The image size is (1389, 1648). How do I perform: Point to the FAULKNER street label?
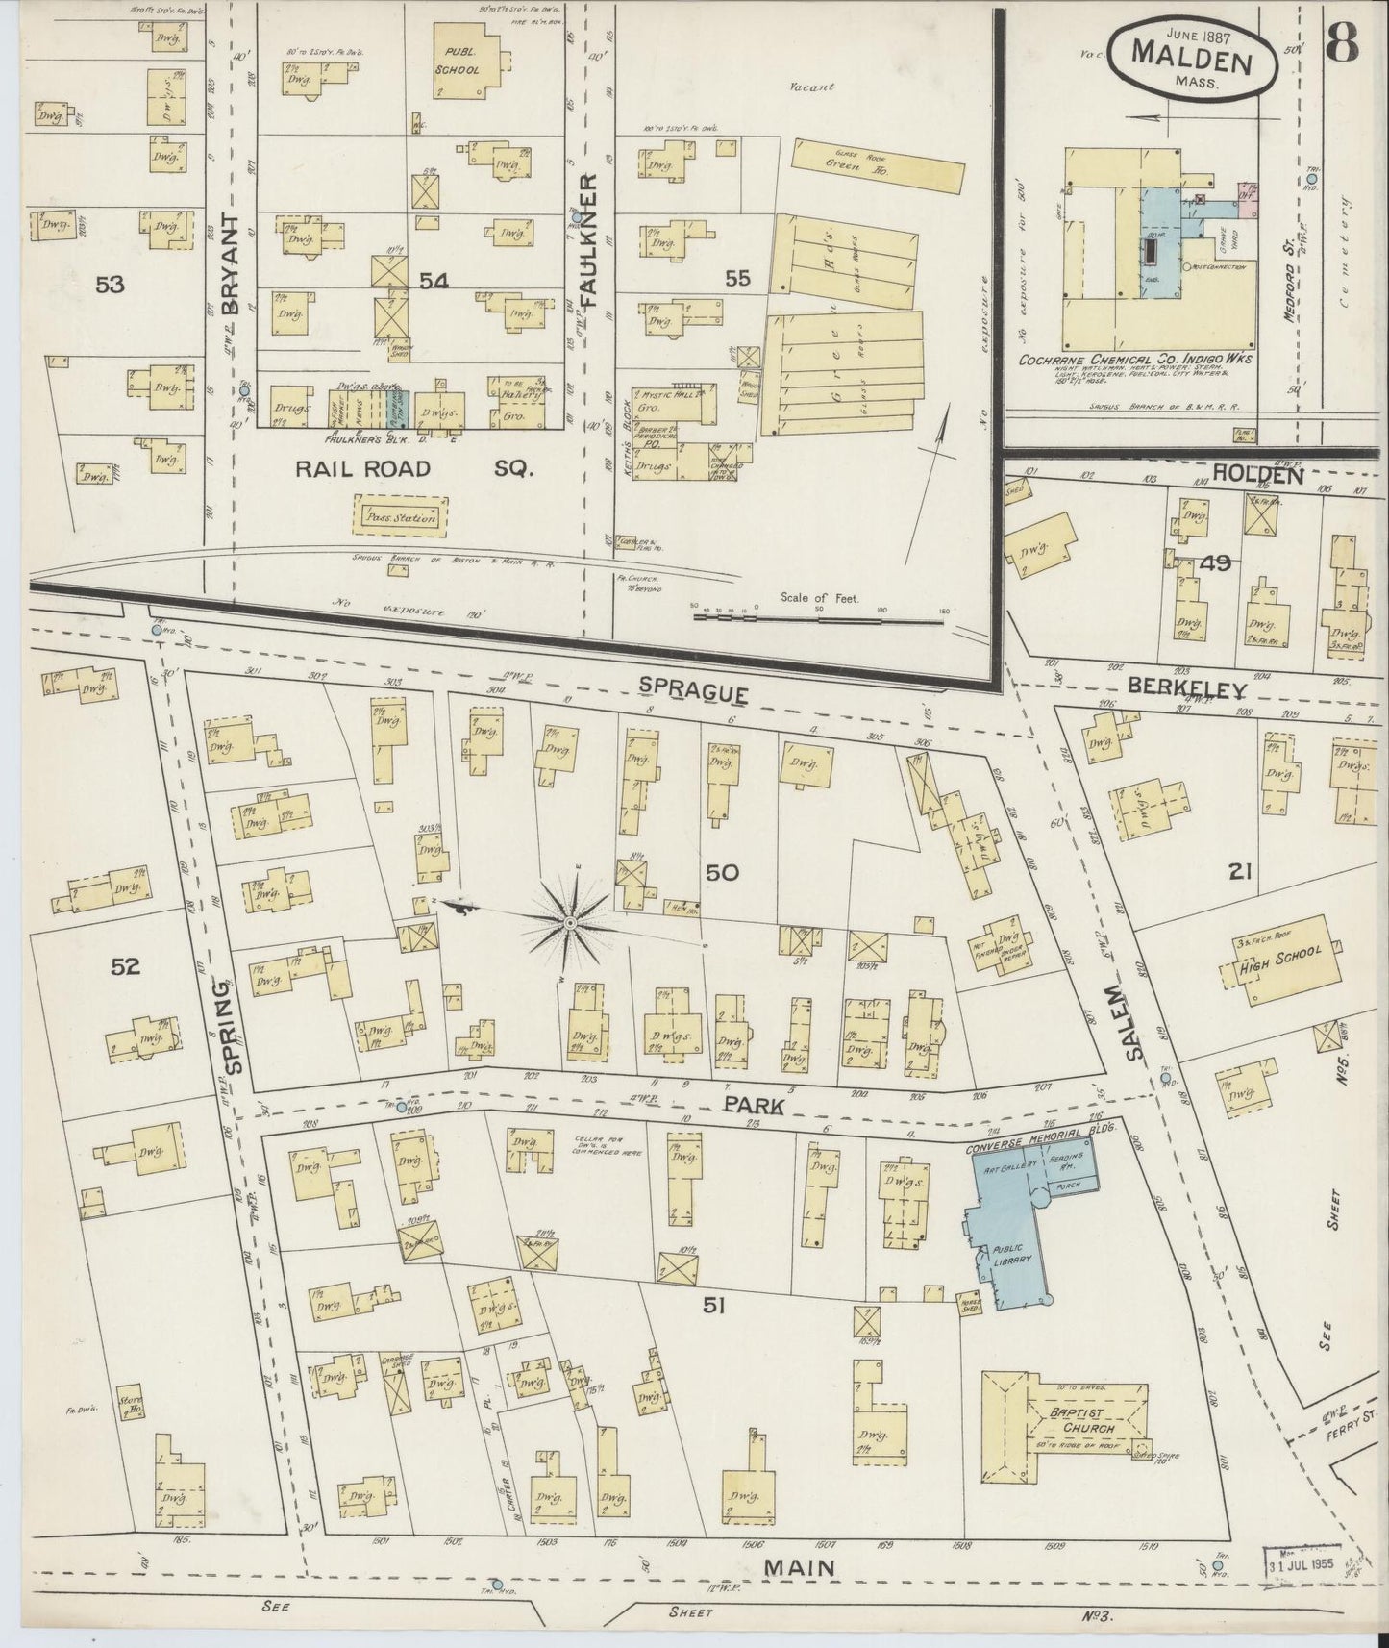coord(590,240)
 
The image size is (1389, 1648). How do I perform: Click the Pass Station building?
coord(401,516)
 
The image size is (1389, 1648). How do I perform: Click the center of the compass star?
coord(570,923)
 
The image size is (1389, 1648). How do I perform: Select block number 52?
coord(125,966)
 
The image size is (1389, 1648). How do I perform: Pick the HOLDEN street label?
coord(1257,474)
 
